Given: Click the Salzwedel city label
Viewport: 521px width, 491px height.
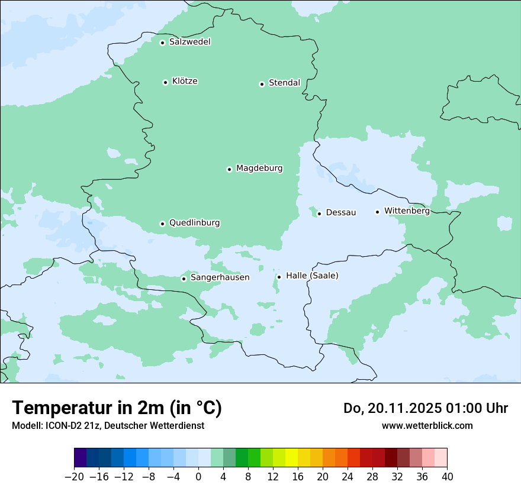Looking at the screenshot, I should pyautogui.click(x=189, y=42).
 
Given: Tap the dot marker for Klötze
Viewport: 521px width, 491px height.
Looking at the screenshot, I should pyautogui.click(x=165, y=82).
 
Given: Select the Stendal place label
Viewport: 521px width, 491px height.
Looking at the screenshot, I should pyautogui.click(x=284, y=83).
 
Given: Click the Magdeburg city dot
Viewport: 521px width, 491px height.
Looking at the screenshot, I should pyautogui.click(x=229, y=169).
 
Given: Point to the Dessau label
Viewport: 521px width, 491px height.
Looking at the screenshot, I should pyautogui.click(x=341, y=212).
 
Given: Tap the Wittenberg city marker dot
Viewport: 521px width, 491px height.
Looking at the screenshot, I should pyautogui.click(x=377, y=212).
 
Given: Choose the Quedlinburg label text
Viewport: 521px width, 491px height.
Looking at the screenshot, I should pyautogui.click(x=194, y=223).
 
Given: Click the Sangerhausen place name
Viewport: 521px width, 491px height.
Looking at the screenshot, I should pyautogui.click(x=220, y=277).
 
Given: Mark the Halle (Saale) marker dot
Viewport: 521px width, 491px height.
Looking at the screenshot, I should pyautogui.click(x=279, y=277).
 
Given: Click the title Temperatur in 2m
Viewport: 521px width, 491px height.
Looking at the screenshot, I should pyautogui.click(x=117, y=408).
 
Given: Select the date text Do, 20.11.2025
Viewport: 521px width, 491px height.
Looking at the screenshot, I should pyautogui.click(x=393, y=408).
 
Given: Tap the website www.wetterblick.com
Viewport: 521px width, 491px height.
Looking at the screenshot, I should pyautogui.click(x=427, y=425).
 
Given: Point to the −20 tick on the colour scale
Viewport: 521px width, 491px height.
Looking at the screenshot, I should pyautogui.click(x=75, y=476).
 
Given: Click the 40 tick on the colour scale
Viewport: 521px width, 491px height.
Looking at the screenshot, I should pyautogui.click(x=447, y=476).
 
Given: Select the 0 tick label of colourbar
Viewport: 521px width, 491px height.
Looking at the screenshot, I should pyautogui.click(x=198, y=476).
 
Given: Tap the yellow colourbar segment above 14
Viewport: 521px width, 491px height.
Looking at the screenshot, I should pyautogui.click(x=291, y=458).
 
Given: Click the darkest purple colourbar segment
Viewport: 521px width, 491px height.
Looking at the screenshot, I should pyautogui.click(x=81, y=458).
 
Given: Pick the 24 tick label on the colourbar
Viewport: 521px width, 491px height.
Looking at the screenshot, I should pyautogui.click(x=348, y=476).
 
